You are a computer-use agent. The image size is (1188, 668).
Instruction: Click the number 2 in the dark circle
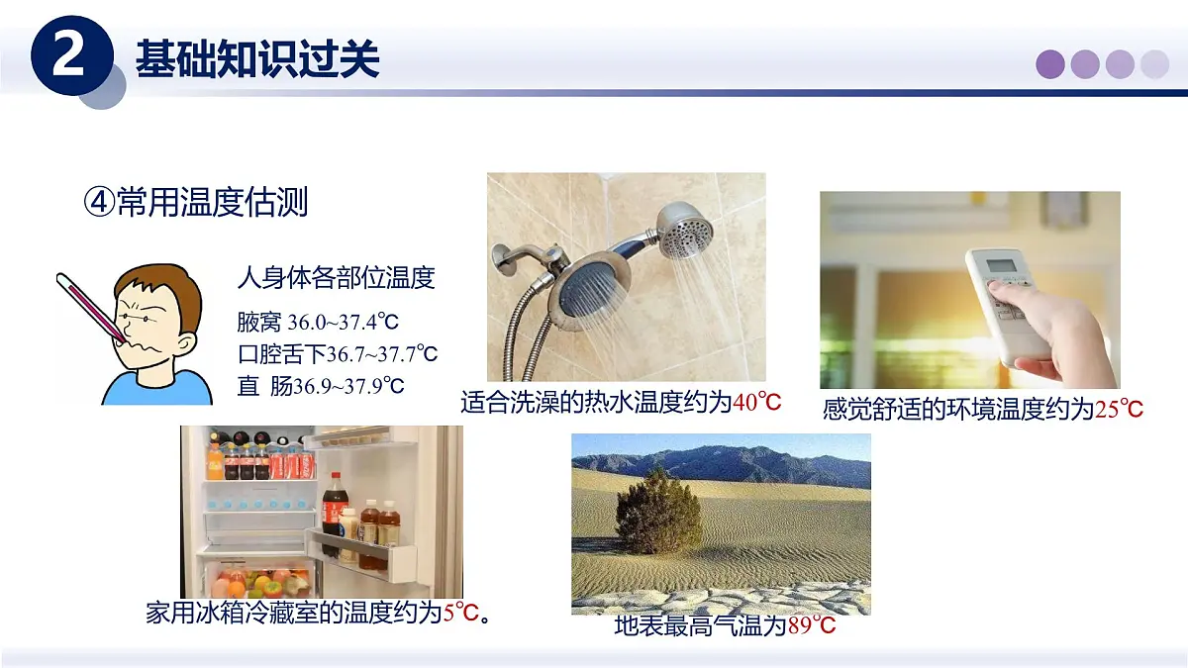click(x=68, y=57)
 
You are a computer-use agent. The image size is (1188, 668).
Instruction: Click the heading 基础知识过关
click(x=257, y=59)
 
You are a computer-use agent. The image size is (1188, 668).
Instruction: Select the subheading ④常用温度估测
click(x=196, y=202)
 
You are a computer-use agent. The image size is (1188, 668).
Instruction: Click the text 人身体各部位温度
click(x=336, y=277)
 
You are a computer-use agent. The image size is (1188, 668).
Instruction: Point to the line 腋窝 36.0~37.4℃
click(x=317, y=322)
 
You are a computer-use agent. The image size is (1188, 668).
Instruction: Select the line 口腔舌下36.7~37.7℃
click(x=337, y=353)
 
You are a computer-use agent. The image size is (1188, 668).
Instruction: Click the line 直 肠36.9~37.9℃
click(x=321, y=386)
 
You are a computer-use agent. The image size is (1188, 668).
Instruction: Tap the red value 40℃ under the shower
click(x=757, y=402)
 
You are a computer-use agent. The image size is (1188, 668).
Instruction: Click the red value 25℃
click(x=1120, y=409)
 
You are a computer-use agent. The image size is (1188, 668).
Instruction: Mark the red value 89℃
click(x=812, y=625)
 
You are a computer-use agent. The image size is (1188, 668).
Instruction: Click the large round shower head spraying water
click(x=591, y=291)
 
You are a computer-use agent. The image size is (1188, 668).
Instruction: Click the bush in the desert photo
click(x=657, y=512)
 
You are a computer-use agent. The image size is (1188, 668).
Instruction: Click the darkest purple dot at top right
click(x=1050, y=64)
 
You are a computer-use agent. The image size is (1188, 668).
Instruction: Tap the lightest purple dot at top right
click(x=1154, y=64)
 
